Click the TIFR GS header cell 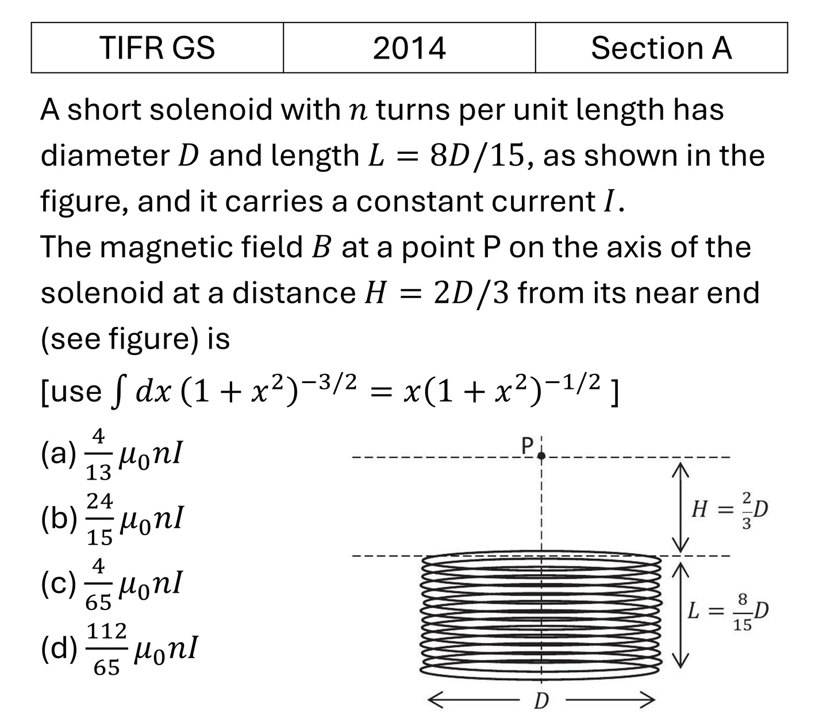[x=157, y=48]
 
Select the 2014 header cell [x=409, y=48]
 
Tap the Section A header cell [x=662, y=48]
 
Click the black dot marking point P [x=541, y=456]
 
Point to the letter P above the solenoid [x=527, y=446]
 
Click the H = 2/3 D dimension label [x=730, y=509]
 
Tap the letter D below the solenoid [x=541, y=701]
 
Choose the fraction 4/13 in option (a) [x=98, y=455]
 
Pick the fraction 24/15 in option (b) [x=99, y=520]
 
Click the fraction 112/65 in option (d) [x=107, y=649]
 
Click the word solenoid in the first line [x=211, y=110]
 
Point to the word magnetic [x=166, y=248]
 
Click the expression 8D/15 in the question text [x=478, y=156]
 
